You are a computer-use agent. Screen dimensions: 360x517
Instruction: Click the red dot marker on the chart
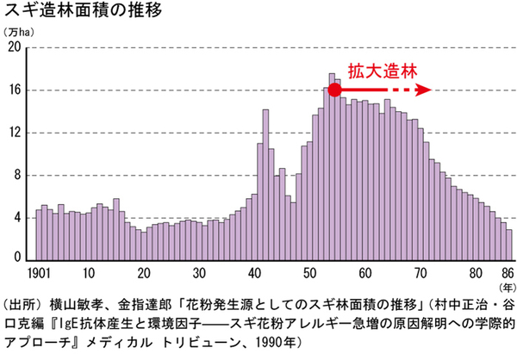(x=333, y=90)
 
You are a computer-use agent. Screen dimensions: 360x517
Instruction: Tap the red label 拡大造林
(x=376, y=70)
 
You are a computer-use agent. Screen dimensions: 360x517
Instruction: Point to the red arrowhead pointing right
(x=423, y=90)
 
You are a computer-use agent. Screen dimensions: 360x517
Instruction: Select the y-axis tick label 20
(x=14, y=47)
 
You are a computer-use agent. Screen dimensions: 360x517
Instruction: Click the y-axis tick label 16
(x=14, y=90)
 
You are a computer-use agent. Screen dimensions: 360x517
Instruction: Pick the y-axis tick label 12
(x=14, y=133)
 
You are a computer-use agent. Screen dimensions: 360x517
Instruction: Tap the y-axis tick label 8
(x=17, y=176)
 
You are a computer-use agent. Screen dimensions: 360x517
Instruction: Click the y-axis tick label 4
(x=17, y=218)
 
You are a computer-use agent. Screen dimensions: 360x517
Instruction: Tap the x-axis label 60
(x=365, y=275)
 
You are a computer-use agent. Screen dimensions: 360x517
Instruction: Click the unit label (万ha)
(x=21, y=33)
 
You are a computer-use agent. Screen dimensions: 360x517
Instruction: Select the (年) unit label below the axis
(x=507, y=289)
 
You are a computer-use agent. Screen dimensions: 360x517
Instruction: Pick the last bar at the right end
(x=509, y=245)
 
